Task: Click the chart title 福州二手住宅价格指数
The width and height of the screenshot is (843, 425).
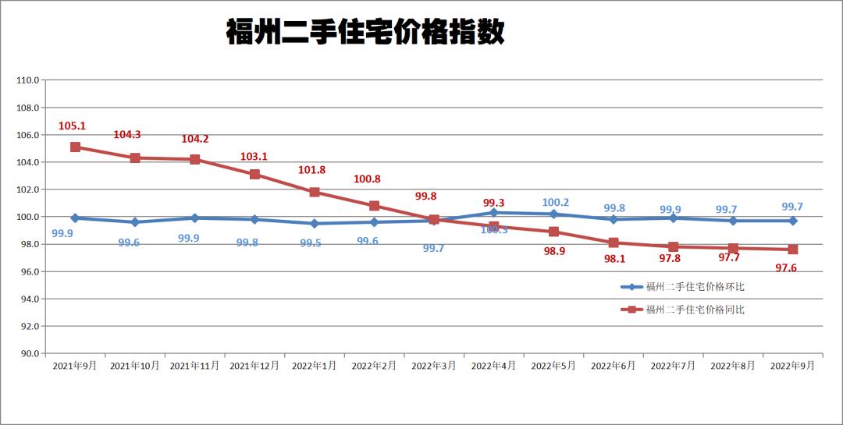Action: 365,33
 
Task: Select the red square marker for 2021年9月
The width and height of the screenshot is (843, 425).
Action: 75,147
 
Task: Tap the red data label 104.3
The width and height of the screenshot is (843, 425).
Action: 127,135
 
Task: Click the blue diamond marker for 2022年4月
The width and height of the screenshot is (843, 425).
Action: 494,212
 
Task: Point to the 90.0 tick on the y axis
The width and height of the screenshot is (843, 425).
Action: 29,353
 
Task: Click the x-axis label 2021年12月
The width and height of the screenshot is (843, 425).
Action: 254,366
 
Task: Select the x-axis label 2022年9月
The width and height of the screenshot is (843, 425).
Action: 793,366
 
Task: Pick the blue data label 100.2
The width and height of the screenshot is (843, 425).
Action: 555,203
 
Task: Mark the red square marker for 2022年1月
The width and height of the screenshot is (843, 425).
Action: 315,192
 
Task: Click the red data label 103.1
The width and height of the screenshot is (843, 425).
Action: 254,157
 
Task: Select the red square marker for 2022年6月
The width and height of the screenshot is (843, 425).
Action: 614,243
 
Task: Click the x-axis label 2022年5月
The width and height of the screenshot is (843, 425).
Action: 553,366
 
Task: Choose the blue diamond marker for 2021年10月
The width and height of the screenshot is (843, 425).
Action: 135,222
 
